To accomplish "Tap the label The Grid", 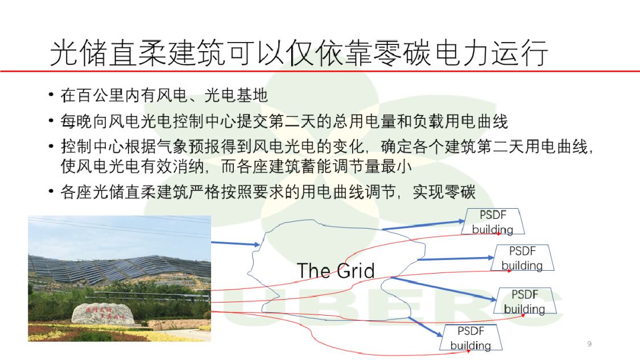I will tap(336, 270).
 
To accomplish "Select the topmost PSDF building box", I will tap(493, 222).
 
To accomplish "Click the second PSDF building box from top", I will tap(522, 258).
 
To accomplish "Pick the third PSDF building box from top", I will tap(525, 301).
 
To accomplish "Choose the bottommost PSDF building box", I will tap(470, 338).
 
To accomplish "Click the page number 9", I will tap(589, 344).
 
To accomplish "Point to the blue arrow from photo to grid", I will tap(235, 244).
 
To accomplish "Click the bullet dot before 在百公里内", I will tap(52, 95).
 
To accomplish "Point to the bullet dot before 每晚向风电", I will tap(52, 121).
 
